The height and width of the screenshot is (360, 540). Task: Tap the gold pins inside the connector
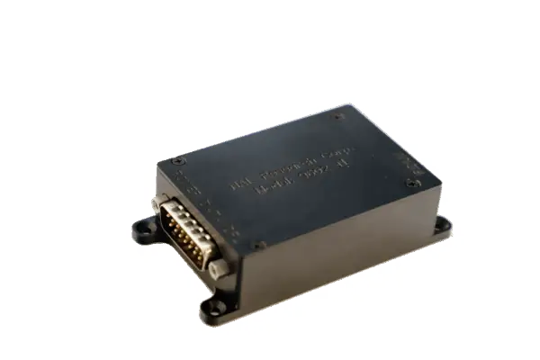185,233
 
